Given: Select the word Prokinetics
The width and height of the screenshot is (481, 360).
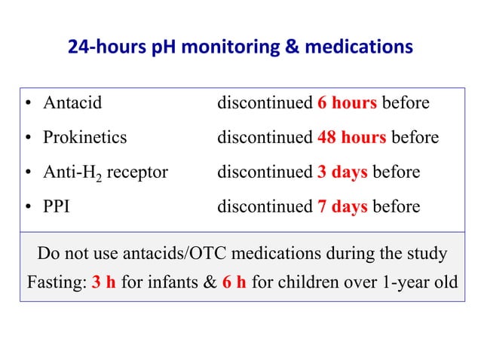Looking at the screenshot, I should click(85, 138).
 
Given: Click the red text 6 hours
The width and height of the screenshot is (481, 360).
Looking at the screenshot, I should click(347, 103).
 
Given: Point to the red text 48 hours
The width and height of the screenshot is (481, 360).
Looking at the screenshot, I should click(352, 138).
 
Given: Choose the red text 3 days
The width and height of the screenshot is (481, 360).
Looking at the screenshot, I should click(342, 172).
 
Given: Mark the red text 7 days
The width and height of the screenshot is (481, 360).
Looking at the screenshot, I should click(342, 206).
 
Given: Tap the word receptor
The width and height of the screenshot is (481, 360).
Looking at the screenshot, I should click(137, 172).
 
